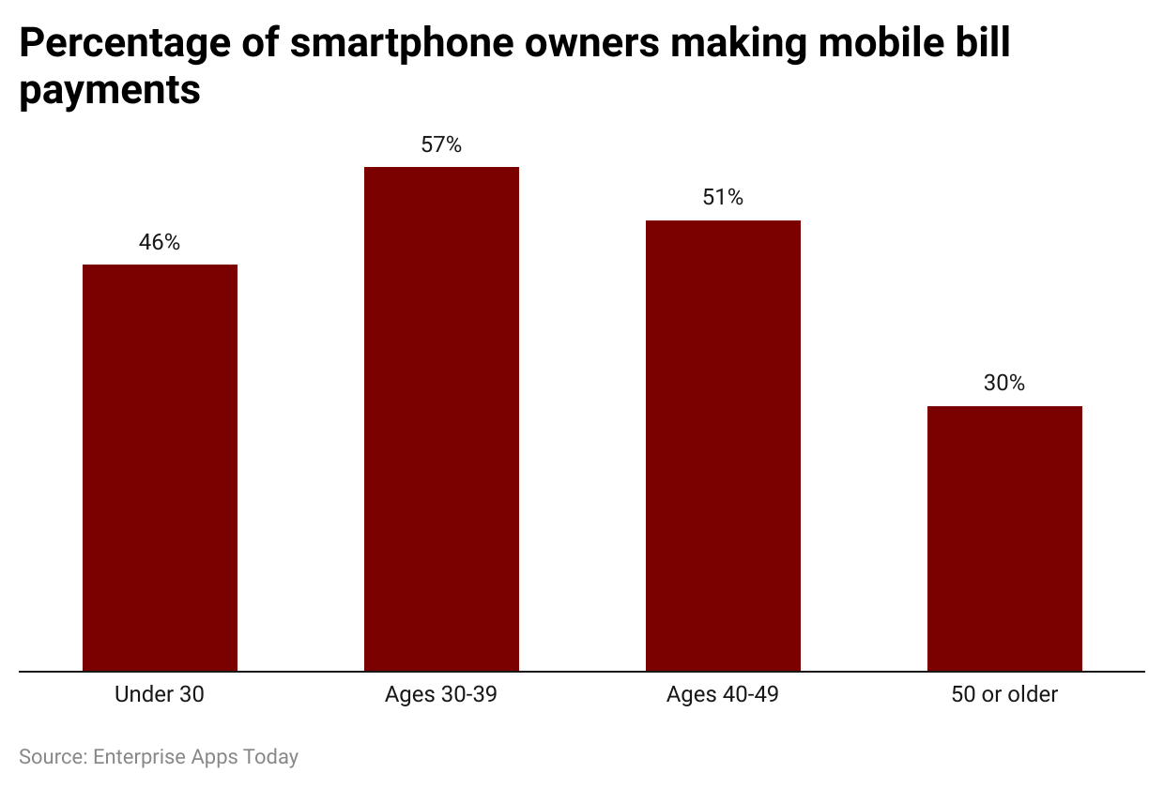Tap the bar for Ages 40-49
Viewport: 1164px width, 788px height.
point(723,446)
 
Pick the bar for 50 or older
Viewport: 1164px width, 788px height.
point(1004,538)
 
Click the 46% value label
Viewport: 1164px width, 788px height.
point(160,242)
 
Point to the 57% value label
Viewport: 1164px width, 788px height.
point(441,144)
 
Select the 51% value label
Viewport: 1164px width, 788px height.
point(723,197)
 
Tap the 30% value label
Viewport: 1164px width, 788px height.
point(1004,383)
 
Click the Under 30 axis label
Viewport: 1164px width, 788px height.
point(160,695)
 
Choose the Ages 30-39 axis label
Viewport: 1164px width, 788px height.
point(441,695)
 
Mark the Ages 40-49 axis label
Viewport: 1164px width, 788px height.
point(723,695)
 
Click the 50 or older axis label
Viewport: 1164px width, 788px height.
point(1004,695)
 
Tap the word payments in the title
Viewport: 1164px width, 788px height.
point(110,90)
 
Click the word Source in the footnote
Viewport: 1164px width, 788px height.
point(50,757)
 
